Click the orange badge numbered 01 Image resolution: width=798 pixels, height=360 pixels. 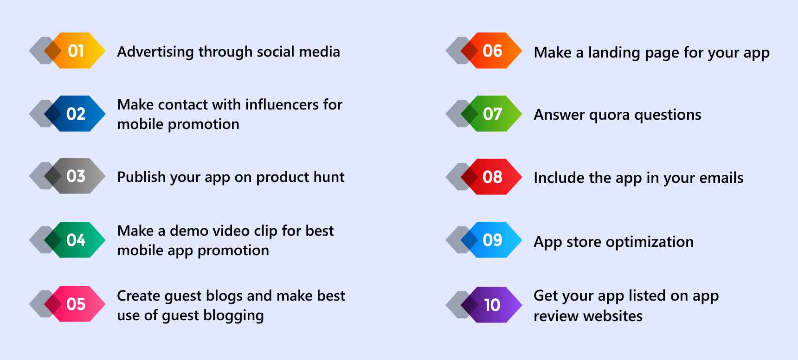coord(75,51)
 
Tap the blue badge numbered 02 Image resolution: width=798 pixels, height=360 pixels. coord(75,114)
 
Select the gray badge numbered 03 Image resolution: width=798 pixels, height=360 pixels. coord(75,176)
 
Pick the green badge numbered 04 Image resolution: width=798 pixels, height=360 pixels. coord(75,240)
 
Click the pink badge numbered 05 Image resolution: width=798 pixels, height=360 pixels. coord(75,304)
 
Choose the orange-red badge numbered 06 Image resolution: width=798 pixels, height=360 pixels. coord(492,51)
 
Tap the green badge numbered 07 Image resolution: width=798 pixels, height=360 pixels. coord(492,114)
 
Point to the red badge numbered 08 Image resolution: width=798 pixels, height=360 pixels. coord(492,177)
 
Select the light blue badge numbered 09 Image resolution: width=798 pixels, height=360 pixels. coord(492,240)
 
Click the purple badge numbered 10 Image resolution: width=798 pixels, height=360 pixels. coord(492,305)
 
